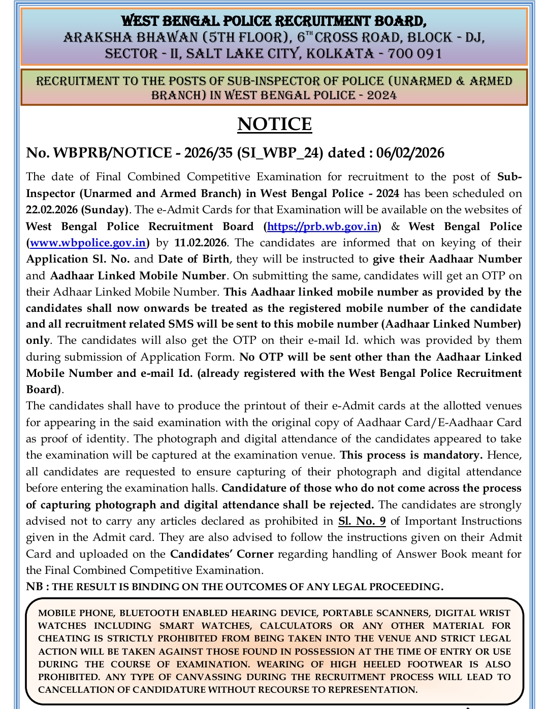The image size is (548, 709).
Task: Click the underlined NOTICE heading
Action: [x=274, y=124]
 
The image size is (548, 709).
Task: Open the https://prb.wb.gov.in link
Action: [x=322, y=227]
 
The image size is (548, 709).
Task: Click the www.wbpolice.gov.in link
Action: [x=88, y=243]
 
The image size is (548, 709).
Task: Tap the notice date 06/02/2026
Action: [x=410, y=153]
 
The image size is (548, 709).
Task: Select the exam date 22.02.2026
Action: [x=51, y=210]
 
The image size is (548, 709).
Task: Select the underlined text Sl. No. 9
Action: [x=362, y=521]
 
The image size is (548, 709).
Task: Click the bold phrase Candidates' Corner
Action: [x=222, y=554]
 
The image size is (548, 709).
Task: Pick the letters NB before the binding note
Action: [x=35, y=587]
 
